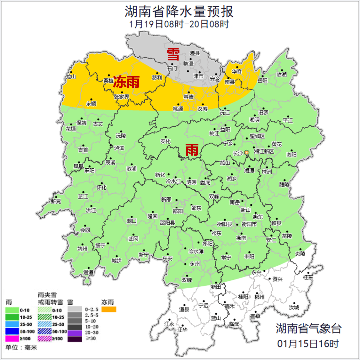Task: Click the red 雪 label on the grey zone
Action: click(173, 54)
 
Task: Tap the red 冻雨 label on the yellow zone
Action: click(126, 82)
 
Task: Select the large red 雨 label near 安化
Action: click(192, 150)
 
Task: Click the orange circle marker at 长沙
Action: click(247, 153)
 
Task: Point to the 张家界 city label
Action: click(121, 97)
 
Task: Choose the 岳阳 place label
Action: click(263, 80)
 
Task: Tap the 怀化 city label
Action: click(101, 188)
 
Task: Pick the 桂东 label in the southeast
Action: click(308, 277)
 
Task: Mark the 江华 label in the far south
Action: click(182, 330)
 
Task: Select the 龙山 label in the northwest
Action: click(71, 77)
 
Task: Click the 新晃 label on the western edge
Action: click(56, 201)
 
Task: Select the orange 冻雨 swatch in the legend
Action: click(109, 310)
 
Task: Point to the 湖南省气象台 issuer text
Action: click(308, 328)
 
